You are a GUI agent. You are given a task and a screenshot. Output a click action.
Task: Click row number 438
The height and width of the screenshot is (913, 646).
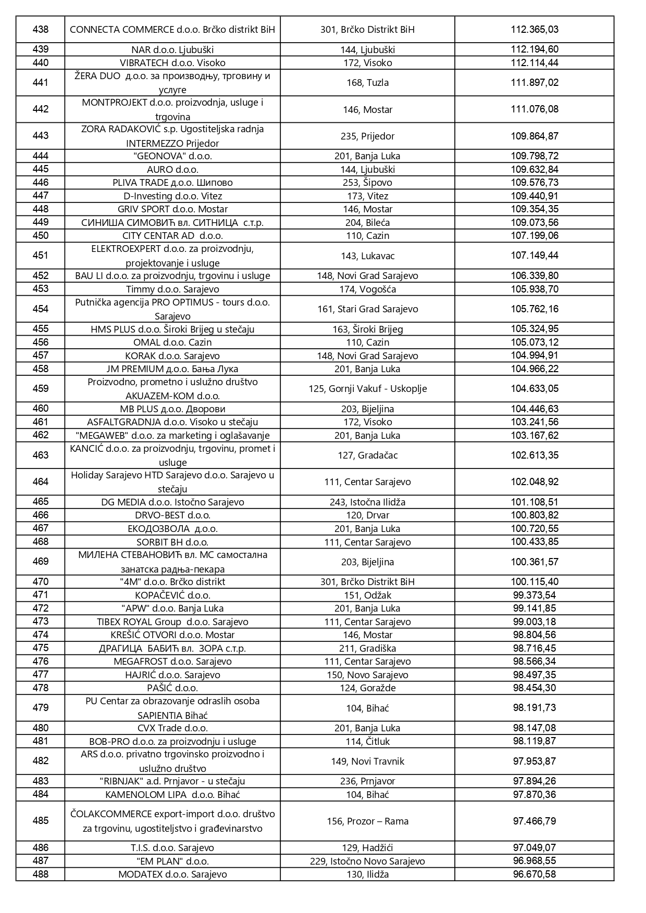[x=41, y=30]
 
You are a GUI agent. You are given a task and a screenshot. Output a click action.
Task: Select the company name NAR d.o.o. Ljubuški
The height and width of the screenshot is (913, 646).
[x=172, y=50]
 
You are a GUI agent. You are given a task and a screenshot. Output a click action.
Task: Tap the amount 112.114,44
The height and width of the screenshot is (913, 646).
[x=535, y=63]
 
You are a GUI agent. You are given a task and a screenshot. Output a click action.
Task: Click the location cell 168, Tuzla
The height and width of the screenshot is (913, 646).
[x=367, y=83]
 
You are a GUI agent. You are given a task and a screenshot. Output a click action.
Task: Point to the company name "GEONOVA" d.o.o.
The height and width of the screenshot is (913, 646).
[x=172, y=156]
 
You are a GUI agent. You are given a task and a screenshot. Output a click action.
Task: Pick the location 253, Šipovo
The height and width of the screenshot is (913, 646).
[x=367, y=183]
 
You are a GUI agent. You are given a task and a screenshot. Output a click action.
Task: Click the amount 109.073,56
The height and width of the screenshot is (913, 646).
[x=535, y=222]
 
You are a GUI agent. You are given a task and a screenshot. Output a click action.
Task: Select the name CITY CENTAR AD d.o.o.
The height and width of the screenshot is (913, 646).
[x=172, y=236]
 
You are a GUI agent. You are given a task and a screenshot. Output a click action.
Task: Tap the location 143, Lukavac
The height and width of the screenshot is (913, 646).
[x=367, y=256]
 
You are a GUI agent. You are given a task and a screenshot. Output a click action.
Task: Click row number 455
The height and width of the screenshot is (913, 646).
[x=41, y=329]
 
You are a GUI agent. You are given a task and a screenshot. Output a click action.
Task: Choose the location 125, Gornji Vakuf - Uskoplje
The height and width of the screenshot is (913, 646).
[x=367, y=389]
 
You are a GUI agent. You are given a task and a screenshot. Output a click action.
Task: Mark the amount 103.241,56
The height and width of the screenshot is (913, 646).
[x=535, y=422]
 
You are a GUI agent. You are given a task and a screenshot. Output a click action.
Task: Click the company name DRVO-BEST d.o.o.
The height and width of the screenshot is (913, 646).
[x=172, y=515]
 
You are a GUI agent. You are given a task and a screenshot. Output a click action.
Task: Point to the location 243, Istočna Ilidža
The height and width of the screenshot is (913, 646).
[x=367, y=502]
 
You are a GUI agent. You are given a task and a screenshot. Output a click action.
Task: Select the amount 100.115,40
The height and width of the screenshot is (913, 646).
[x=535, y=582]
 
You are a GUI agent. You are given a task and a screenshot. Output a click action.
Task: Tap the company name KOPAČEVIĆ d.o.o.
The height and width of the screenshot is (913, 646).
[x=172, y=595]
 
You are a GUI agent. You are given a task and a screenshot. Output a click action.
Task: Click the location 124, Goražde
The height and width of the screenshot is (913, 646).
[x=367, y=688]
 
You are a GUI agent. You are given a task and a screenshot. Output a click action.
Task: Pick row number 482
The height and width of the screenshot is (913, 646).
[x=41, y=761]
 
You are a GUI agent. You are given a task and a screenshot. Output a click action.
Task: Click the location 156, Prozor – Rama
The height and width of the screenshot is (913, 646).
[x=367, y=821]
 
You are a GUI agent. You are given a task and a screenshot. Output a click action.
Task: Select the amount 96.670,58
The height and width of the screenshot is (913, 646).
[x=535, y=874]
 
